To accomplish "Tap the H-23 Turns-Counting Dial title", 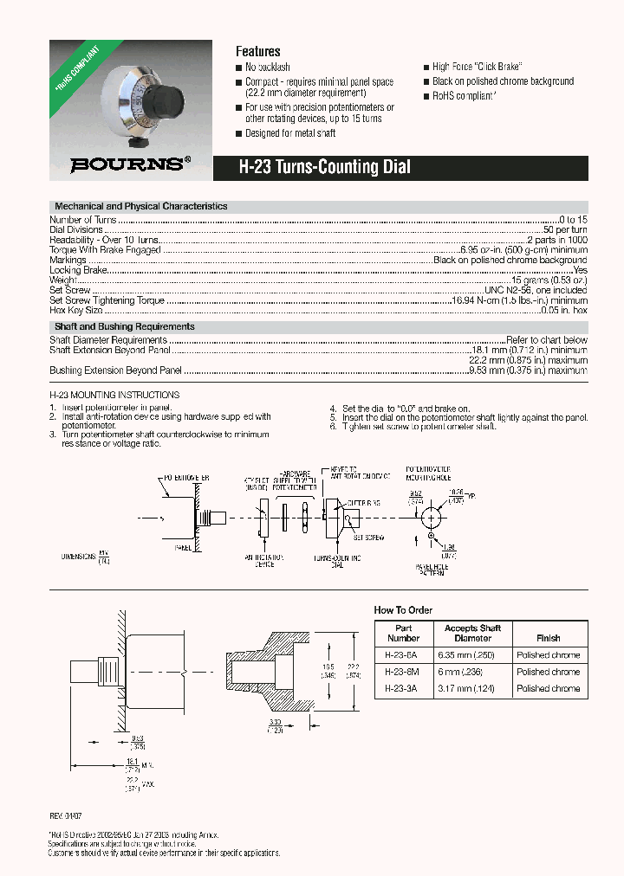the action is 324,168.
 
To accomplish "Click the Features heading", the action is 257,51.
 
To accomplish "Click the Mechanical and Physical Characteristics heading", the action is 141,207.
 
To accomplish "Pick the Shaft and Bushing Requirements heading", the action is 125,326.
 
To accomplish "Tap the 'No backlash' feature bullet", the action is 267,68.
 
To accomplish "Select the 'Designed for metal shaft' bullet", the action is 289,133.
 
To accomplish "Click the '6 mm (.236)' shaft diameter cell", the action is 472,672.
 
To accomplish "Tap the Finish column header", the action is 548,638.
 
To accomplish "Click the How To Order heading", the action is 403,610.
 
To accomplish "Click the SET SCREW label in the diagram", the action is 367,538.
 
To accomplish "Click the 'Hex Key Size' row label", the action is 76,309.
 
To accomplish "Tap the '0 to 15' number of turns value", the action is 572,220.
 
